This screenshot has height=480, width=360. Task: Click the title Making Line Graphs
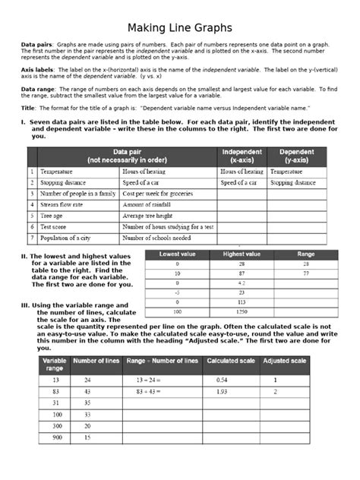click(180, 28)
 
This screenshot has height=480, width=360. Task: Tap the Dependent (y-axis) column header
click(297, 156)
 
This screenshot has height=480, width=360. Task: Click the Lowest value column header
click(177, 254)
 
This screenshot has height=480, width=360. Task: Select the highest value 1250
click(242, 311)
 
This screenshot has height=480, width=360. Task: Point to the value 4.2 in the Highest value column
click(242, 282)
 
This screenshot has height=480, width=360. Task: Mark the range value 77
click(305, 272)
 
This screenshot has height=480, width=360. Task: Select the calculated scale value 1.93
click(222, 391)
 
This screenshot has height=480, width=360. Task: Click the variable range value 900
click(57, 438)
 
